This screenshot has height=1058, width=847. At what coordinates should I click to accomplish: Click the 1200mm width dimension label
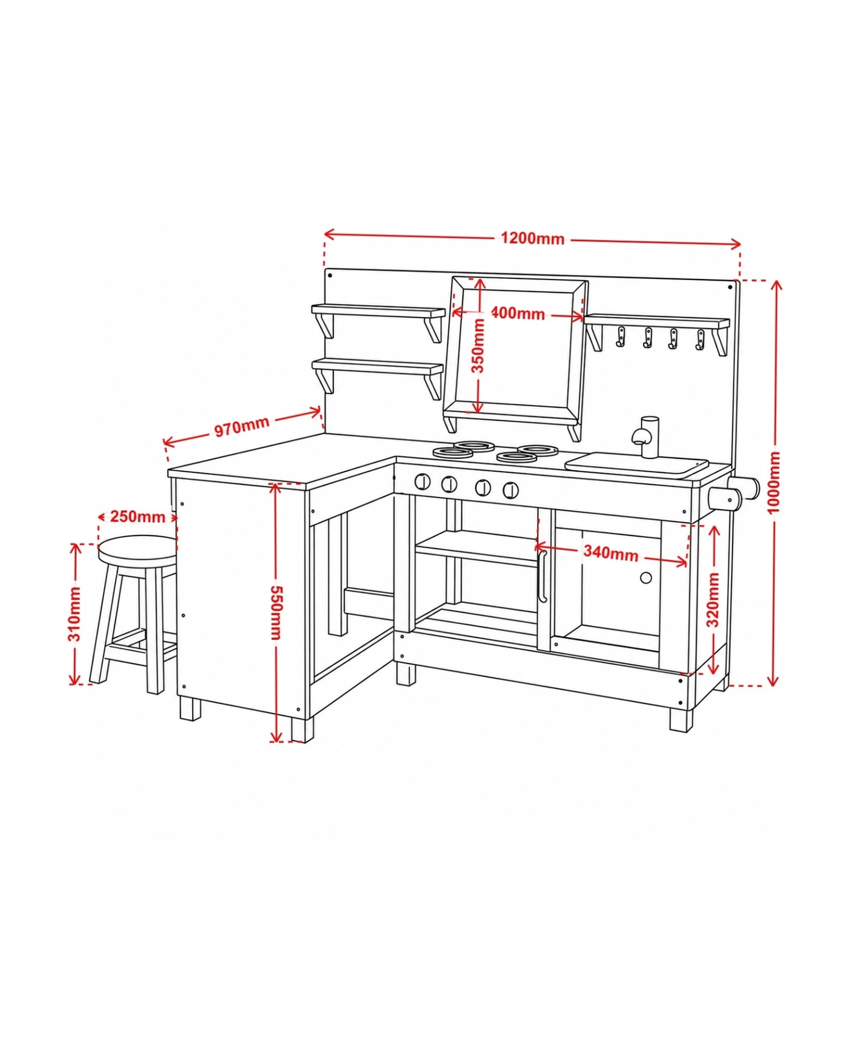click(x=532, y=239)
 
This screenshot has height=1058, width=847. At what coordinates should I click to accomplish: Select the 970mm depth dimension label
click(x=241, y=426)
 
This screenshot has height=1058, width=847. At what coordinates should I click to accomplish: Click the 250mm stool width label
click(x=138, y=516)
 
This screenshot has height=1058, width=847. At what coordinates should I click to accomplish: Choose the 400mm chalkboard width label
click(x=518, y=313)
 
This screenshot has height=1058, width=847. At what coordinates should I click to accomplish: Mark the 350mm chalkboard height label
click(x=478, y=345)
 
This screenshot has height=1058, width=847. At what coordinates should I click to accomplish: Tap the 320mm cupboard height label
click(x=712, y=599)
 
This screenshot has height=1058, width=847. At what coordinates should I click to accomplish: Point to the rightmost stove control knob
click(x=511, y=489)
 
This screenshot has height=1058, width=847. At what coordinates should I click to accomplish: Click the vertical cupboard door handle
click(x=542, y=575)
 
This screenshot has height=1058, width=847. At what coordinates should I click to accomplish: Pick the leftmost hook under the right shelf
click(x=621, y=337)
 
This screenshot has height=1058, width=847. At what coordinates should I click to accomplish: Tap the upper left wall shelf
click(x=378, y=311)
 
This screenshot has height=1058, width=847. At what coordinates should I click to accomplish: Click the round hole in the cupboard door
click(x=646, y=578)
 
